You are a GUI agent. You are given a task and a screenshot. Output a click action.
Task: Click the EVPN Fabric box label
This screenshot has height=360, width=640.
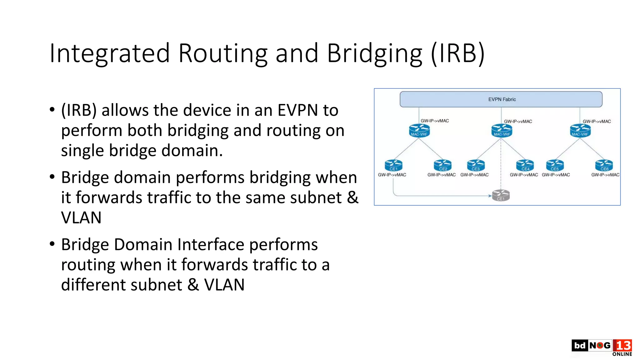pos(502,99)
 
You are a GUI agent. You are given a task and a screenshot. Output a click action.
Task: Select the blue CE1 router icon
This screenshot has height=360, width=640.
pos(393,165)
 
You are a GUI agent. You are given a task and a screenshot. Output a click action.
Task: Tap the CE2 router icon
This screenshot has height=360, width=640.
pos(443,165)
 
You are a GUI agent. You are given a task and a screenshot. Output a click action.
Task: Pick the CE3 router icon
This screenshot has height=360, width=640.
pos(476,165)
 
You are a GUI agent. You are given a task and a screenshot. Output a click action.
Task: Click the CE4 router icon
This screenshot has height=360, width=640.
pos(525,165)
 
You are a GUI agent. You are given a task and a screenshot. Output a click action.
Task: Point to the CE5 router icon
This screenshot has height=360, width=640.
pos(555,165)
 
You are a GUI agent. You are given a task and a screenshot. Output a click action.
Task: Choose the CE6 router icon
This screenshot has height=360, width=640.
pos(604,165)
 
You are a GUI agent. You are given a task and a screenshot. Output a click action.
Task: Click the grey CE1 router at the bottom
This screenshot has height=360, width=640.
pos(501,196)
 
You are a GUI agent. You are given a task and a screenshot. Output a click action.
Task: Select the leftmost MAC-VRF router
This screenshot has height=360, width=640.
pos(419,131)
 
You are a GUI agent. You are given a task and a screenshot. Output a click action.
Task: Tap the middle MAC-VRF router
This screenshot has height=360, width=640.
pos(502,131)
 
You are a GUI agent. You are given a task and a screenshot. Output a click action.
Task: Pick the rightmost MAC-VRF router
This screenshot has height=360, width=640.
pos(580,131)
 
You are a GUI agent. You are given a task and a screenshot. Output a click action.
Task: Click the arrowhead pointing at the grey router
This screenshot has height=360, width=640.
pos(490,196)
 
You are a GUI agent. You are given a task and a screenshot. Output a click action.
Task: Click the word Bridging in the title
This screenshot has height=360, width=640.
pos(374,54)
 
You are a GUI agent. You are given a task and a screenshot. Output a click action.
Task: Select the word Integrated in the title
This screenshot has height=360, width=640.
pos(109,54)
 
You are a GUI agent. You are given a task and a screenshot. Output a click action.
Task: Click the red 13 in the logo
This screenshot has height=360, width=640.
pos(622,345)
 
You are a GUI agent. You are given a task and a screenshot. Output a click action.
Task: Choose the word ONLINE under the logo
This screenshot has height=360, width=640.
pos(622,354)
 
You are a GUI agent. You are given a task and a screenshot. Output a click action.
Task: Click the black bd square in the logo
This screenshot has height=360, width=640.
pos(580,345)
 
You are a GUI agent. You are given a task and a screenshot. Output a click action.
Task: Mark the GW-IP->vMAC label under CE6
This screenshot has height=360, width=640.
pos(605,175)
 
